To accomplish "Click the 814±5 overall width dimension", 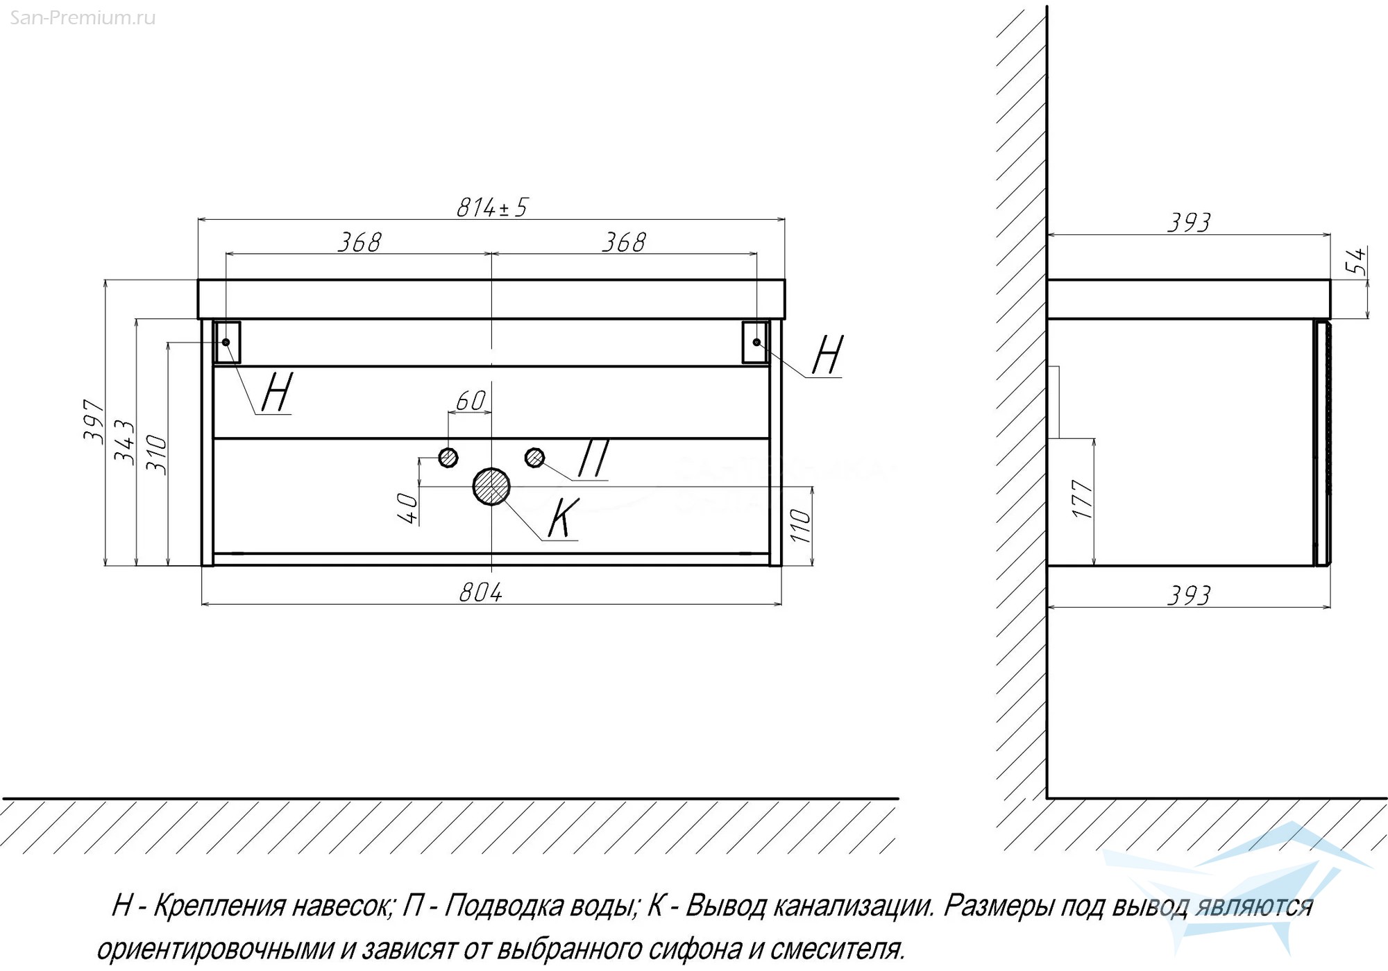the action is (x=492, y=207).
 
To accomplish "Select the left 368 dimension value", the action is (x=359, y=242).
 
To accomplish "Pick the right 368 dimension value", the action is (x=623, y=242).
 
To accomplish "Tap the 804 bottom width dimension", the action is (x=480, y=592).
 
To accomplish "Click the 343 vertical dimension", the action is (x=125, y=442).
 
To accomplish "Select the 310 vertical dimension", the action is (x=157, y=455).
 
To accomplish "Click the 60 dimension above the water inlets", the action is (x=471, y=401).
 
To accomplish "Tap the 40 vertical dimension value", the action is (x=409, y=508).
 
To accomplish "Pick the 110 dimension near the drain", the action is (x=799, y=526).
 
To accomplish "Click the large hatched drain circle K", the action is (x=491, y=486).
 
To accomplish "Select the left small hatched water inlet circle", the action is (x=448, y=457).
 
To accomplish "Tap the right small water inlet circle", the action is (x=534, y=457).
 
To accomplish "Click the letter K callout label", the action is (x=563, y=519).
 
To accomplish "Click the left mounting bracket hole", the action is (x=226, y=342).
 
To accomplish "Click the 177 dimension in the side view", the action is (x=1083, y=499).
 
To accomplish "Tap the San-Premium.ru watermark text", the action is (x=83, y=18).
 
